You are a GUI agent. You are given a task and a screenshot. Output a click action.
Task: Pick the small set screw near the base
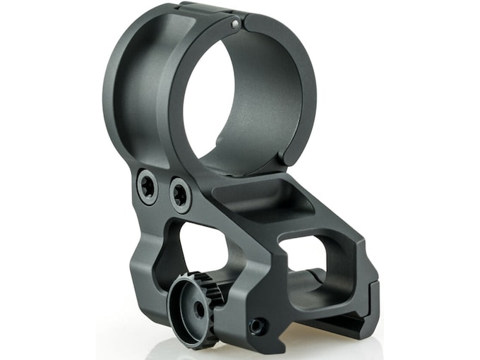[258, 325]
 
